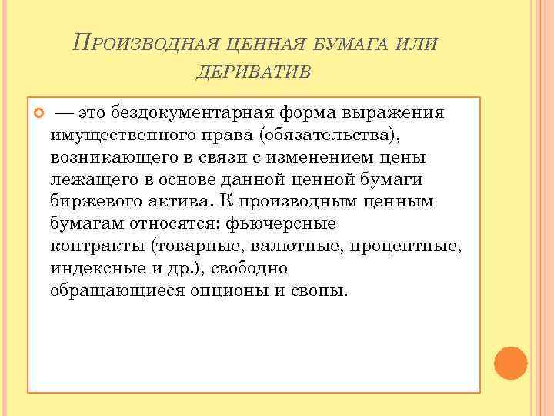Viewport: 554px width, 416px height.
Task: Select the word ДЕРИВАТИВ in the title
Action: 253,71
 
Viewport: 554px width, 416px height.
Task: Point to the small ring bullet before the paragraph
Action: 36,113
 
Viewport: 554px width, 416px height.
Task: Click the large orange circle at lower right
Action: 510,362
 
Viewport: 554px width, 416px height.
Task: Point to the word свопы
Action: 320,292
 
